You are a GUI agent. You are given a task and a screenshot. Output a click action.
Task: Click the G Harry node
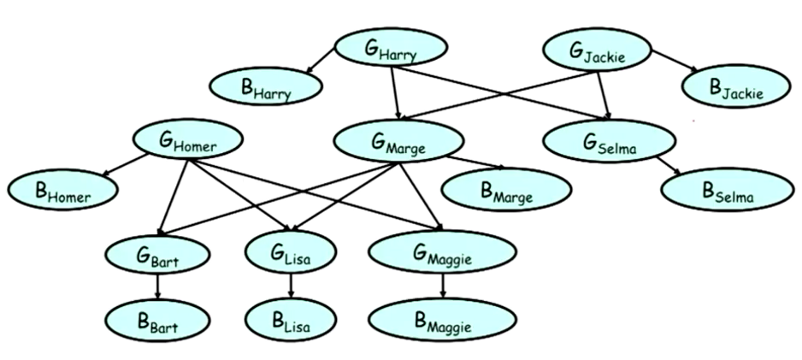391,50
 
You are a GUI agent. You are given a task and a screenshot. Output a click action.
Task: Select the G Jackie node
598,52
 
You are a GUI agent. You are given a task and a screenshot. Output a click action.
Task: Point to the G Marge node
398,143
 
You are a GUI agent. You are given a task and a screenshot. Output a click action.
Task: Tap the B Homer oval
62,192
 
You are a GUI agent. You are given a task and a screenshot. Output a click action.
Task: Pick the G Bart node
156,253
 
